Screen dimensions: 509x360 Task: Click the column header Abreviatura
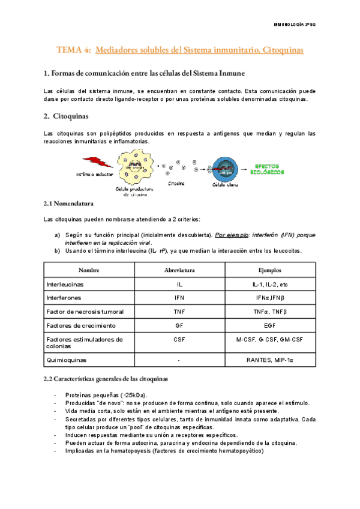coord(179,270)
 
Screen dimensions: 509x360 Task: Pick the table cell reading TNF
coord(179,312)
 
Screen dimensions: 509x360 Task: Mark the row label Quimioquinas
coord(67,360)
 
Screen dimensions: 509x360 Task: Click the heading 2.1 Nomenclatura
coord(68,204)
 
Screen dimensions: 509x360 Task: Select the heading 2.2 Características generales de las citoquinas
coord(106,379)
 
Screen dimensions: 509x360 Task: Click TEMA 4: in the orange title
coord(73,52)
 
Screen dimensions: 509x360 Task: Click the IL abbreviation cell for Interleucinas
coord(179,284)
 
